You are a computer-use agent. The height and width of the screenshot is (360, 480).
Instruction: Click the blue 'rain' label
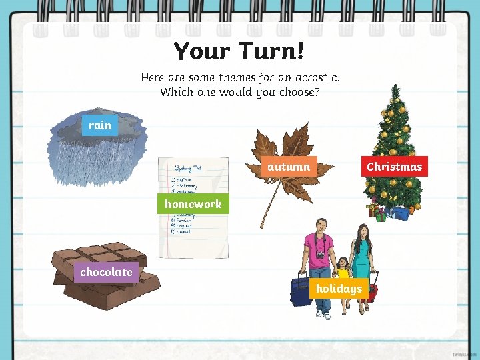tap(100, 125)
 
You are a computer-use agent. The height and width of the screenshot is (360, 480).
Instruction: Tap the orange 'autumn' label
tap(289, 167)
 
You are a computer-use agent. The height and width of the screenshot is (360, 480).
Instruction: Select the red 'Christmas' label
tap(394, 167)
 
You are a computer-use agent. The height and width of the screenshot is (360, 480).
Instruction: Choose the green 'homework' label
tap(193, 204)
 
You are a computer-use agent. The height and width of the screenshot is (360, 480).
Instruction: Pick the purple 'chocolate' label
tap(106, 272)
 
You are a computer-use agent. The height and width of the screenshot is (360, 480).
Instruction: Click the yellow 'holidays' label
tap(339, 289)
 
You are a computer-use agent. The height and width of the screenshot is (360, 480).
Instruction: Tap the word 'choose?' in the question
tap(297, 92)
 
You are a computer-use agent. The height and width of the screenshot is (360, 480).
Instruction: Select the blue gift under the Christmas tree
tap(399, 213)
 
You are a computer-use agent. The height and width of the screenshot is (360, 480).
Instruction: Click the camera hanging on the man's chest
tap(321, 255)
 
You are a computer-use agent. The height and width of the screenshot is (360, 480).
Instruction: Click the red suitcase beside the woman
tap(373, 291)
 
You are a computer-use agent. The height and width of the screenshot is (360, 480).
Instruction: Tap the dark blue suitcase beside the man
tap(301, 291)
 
